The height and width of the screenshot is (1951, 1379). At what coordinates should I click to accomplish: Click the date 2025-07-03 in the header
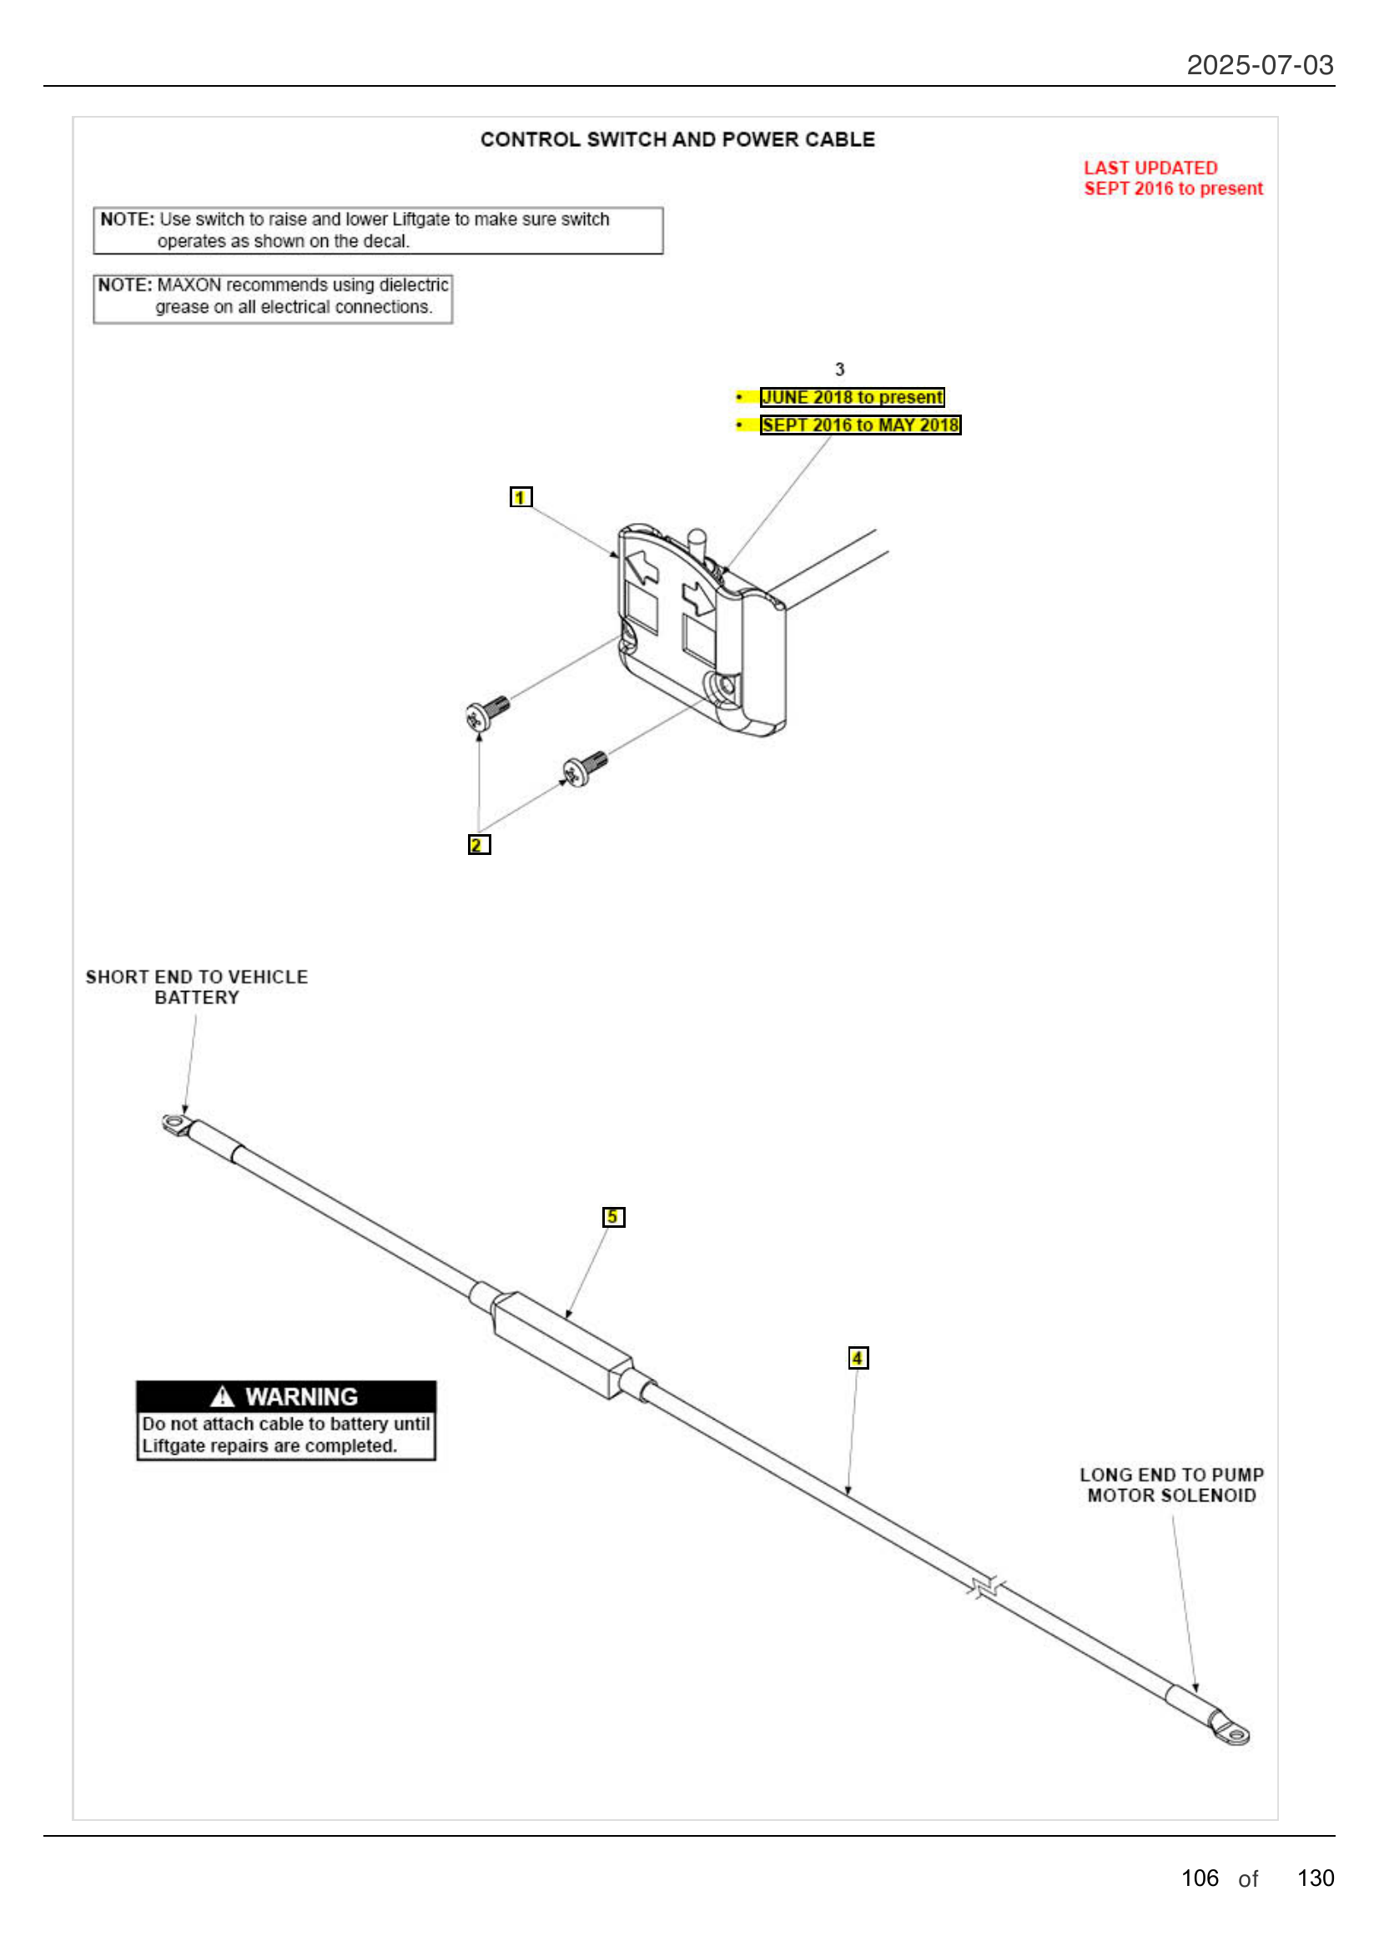tap(1259, 65)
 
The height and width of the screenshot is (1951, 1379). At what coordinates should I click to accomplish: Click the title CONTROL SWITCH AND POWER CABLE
tap(677, 139)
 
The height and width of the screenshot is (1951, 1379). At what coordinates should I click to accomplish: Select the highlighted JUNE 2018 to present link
tap(852, 397)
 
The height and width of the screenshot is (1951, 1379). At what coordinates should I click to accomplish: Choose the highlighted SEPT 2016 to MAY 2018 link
tap(860, 425)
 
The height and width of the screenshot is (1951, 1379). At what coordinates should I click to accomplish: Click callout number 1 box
tap(521, 497)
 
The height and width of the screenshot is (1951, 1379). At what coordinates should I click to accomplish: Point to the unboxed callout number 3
tap(839, 370)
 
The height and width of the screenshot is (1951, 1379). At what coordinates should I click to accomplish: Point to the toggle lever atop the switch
tap(697, 543)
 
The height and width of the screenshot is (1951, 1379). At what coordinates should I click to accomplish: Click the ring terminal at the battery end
tap(176, 1126)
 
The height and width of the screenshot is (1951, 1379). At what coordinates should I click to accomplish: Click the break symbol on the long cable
tap(985, 1586)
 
